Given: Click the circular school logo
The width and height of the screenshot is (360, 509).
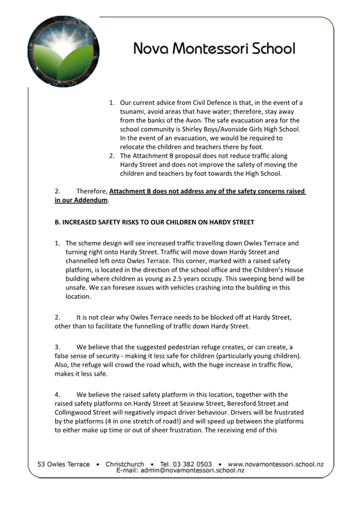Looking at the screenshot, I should click(63, 51).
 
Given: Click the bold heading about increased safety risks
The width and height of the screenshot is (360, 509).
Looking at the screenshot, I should click(154, 222).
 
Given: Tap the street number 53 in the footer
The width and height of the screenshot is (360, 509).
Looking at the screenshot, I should click(41, 464).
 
